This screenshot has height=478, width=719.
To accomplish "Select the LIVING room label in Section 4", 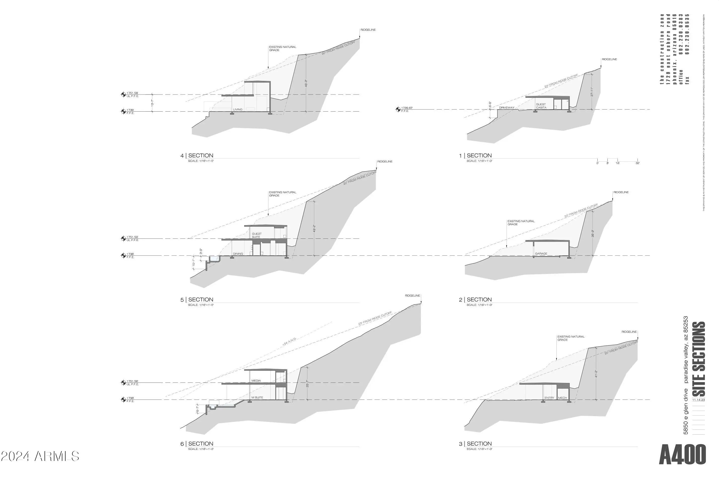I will point(238,109).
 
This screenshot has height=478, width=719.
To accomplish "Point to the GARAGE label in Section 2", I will point(541,254).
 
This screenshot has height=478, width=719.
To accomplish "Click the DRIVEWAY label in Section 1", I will point(507,108).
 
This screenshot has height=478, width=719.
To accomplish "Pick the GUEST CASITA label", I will point(541,106).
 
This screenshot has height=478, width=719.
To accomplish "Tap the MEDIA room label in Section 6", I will point(256,381).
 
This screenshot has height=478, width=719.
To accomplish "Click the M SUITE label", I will point(257,398).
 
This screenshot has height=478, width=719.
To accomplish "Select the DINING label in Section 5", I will point(238,254).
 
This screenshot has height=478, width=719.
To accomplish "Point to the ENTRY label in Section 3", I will point(549,398).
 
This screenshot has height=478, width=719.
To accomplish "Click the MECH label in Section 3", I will point(562,398).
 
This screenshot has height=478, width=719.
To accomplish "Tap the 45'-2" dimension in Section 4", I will point(306,83).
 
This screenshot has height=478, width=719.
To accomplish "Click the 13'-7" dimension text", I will point(152,103).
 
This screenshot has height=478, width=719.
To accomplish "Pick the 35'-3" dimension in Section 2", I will point(593,233).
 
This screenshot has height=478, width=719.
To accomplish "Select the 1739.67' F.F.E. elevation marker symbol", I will point(398,109).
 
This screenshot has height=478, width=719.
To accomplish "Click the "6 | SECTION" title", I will point(197,444).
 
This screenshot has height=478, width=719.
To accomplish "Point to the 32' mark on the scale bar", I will point(637,163).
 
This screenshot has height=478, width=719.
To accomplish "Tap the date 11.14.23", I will point(699,400).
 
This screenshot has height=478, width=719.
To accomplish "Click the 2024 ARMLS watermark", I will point(40,456).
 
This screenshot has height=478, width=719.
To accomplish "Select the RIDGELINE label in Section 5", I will point(385,162).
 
